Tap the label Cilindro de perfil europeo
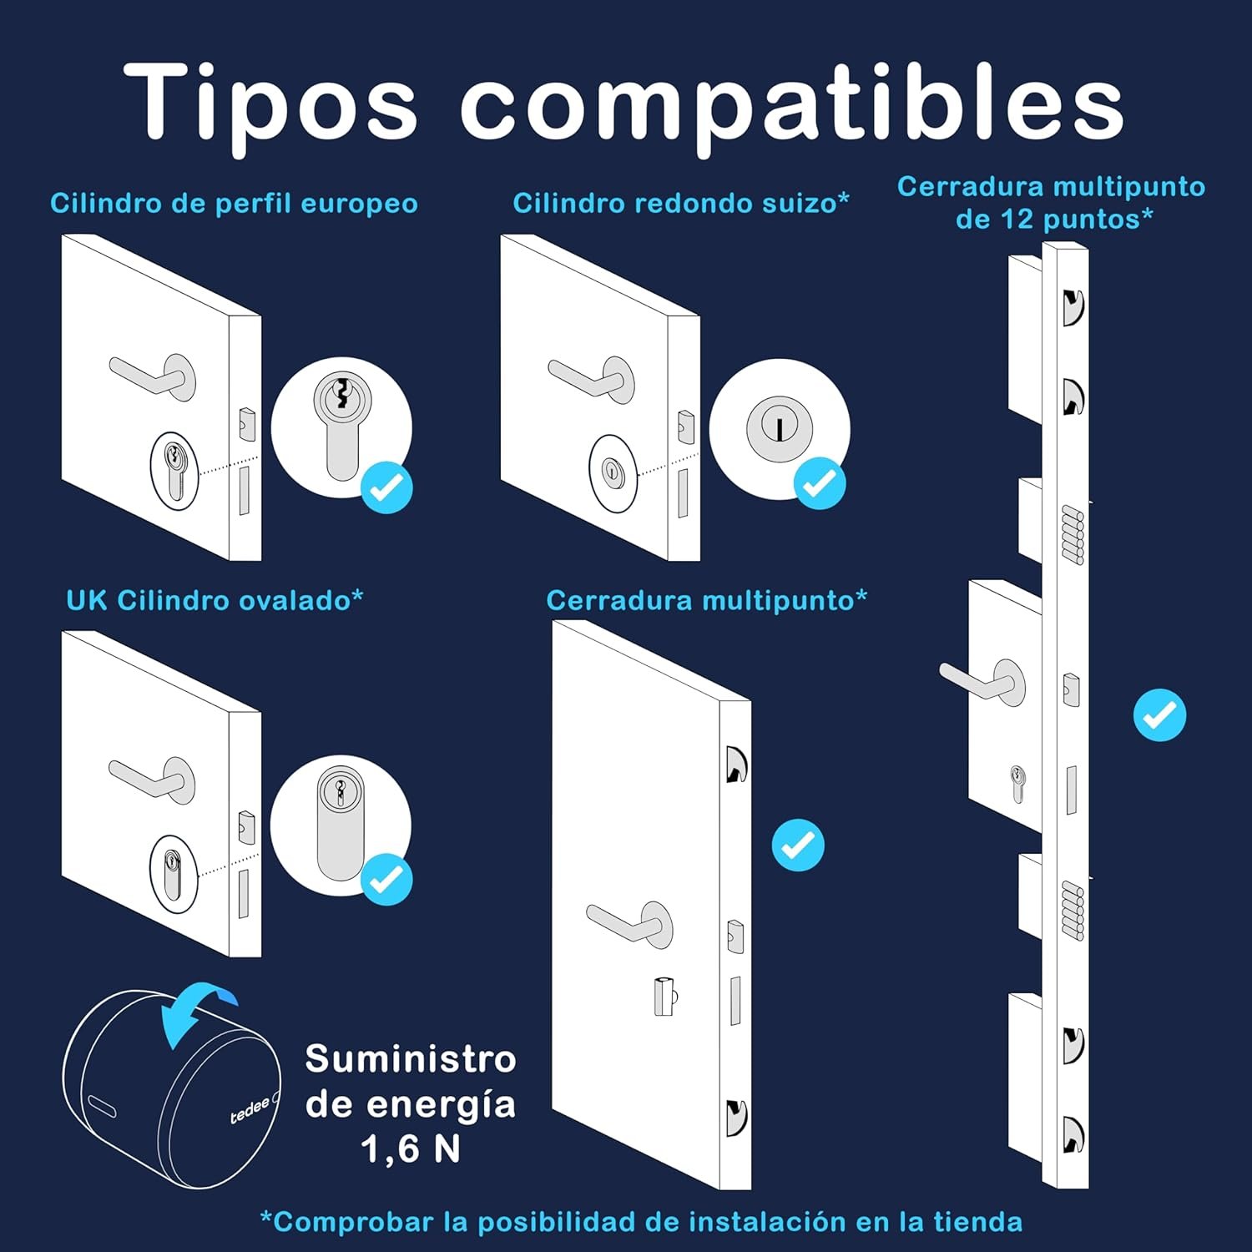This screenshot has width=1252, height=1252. (234, 204)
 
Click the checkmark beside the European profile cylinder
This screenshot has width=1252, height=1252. (387, 487)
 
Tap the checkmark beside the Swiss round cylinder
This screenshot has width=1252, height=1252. (820, 482)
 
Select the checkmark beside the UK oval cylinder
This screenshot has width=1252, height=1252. (387, 878)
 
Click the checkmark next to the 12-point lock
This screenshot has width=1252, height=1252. (1159, 714)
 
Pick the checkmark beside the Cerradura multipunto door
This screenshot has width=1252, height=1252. (798, 845)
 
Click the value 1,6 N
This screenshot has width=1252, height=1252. (411, 1149)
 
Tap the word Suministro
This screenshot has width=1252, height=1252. (411, 1059)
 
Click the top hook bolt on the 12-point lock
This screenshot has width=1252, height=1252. (1073, 306)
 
